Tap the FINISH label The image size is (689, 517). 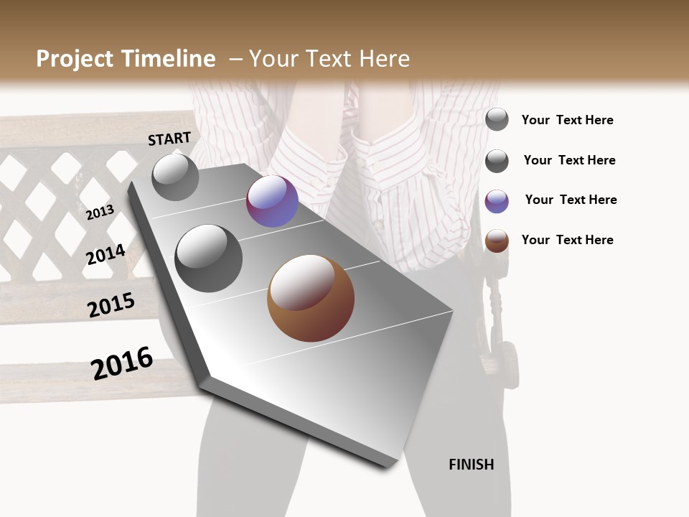pos(472,465)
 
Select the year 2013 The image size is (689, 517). pos(100,213)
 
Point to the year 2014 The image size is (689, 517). pos(106,254)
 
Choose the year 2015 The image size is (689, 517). pos(111,305)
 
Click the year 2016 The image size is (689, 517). pos(122,363)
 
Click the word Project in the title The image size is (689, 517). pos(72,59)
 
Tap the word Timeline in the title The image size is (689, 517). pos(169,59)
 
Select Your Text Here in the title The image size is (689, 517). pos(329,59)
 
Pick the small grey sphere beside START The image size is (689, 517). pos(175,177)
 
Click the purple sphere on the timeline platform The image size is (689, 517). pos(272,201)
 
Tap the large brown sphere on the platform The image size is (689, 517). pos(311,298)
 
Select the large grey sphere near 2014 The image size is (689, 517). pos(208,258)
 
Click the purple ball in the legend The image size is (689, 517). pos(497,201)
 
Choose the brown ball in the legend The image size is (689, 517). pos(497,241)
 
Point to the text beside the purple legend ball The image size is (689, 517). pos(571,200)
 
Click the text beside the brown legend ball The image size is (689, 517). pos(567,240)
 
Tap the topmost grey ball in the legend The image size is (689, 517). pos(497,119)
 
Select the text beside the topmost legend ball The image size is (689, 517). pos(567,120)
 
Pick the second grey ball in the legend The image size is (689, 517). pos(497,161)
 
